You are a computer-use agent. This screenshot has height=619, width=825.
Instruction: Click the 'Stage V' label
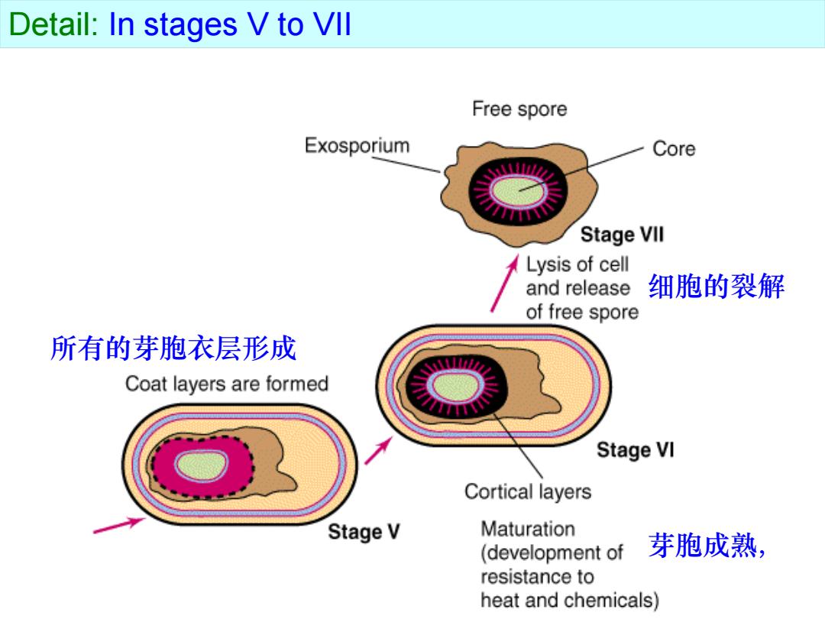[x=364, y=532]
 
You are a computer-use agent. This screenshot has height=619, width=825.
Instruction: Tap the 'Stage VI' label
[x=635, y=450]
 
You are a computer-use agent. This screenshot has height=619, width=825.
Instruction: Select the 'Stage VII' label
[x=622, y=235]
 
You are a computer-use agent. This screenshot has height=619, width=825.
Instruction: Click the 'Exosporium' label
[x=357, y=145]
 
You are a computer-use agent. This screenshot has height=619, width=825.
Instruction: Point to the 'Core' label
[x=674, y=148]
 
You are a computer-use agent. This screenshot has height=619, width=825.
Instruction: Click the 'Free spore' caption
[x=519, y=109]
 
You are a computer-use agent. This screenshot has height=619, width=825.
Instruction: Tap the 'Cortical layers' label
[x=528, y=491]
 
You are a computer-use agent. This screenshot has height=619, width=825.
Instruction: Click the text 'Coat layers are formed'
[x=227, y=384]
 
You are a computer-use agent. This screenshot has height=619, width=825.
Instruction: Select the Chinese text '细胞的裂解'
[x=717, y=287]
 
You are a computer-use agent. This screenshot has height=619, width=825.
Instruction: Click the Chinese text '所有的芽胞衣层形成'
[x=173, y=348]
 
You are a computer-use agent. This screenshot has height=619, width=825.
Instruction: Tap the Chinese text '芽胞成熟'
[x=703, y=545]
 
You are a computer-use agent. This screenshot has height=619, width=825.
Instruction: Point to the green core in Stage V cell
[x=202, y=466]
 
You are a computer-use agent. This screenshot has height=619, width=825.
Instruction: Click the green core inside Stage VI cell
[x=455, y=387]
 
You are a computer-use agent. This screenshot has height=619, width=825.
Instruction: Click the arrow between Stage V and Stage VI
[x=379, y=451]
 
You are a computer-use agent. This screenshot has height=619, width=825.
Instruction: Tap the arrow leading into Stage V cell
[x=119, y=526]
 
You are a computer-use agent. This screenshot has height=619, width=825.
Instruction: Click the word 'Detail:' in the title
[x=54, y=24]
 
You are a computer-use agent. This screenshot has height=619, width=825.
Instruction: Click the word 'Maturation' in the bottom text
[x=528, y=529]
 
